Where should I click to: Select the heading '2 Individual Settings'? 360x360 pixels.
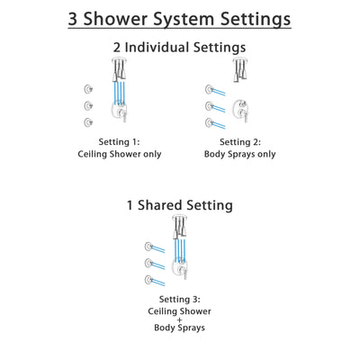[179, 48]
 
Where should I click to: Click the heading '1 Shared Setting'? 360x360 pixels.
[179, 205]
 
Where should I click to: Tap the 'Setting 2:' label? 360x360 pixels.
[241, 143]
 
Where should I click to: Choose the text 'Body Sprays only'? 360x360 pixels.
[241, 155]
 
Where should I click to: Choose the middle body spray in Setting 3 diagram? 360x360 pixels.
[148, 263]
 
